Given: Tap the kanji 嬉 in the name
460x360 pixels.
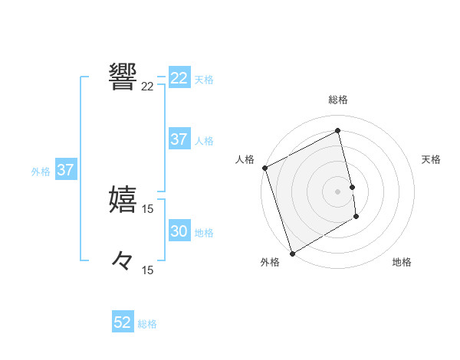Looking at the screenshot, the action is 123,198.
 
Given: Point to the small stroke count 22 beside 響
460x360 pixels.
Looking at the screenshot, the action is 148,87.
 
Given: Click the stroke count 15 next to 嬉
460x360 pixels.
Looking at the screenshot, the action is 148,209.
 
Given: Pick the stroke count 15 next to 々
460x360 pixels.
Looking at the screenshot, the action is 148,270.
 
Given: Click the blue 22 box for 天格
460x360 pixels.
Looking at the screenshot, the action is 179,78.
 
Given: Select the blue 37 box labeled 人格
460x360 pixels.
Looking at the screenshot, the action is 179,139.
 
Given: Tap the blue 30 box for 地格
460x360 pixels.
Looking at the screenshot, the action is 179,231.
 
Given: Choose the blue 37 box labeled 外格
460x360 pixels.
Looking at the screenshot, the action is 66,170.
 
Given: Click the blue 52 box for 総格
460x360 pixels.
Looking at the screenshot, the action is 123,322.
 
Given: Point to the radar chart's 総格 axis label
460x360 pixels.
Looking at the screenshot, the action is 338,100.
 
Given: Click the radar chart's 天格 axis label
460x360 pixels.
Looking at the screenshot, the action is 432,159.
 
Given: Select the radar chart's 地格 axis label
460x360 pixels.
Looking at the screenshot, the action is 402,262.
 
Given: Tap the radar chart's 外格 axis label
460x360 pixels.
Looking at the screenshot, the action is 270,262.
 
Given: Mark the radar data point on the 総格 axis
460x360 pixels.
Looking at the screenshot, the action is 338,131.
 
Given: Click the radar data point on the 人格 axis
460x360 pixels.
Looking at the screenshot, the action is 264,168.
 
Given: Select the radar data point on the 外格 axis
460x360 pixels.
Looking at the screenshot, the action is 292,253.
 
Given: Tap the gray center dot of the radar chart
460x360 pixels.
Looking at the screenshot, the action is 338,191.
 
